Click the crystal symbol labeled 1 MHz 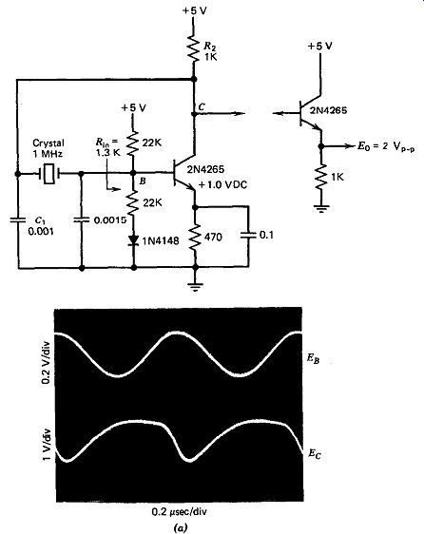coord(49,174)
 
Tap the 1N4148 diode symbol coord(134,240)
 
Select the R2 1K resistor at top coord(193,48)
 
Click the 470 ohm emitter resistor coord(195,238)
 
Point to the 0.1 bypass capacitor coord(248,235)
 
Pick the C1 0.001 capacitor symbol coord(18,219)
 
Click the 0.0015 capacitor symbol coord(82,220)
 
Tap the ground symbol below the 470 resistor coord(195,286)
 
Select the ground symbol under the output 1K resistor coord(320,208)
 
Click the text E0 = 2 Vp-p coord(386,147)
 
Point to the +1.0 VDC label coord(222,185)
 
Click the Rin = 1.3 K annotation coord(108,146)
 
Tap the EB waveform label coord(313,359)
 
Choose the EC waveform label coord(315,454)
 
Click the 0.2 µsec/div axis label coord(180,512)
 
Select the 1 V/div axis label coord(47,444)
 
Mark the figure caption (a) coord(180,528)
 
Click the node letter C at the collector coord(202,106)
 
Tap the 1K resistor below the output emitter coord(320,177)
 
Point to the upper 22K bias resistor coord(133,144)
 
